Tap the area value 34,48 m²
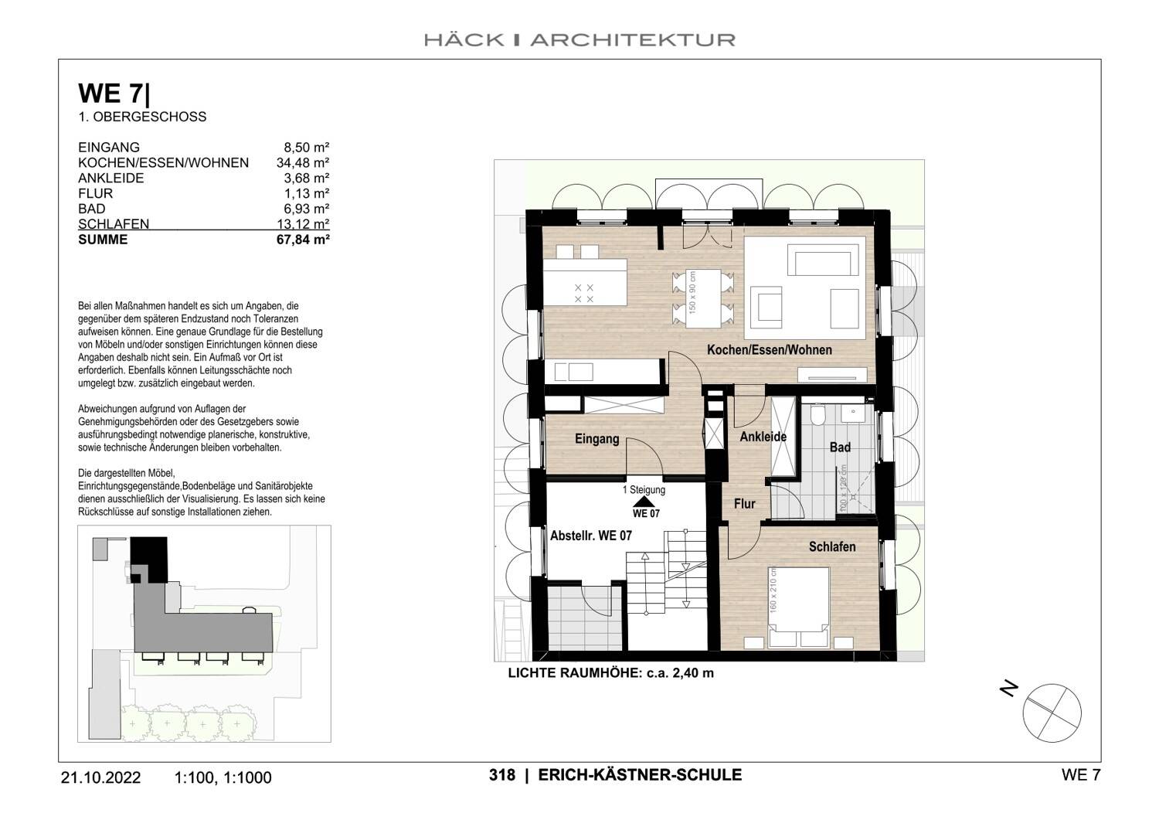point(303,163)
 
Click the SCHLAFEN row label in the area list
point(114,225)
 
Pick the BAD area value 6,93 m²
point(307,209)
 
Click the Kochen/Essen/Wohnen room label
point(769,350)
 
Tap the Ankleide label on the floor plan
point(763,437)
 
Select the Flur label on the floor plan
point(744,504)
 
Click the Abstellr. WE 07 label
point(590,536)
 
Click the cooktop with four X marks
point(584,293)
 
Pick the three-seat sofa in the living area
point(823,260)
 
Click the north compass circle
point(1052,712)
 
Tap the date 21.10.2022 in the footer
point(100,777)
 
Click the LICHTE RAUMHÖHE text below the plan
point(610,673)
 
